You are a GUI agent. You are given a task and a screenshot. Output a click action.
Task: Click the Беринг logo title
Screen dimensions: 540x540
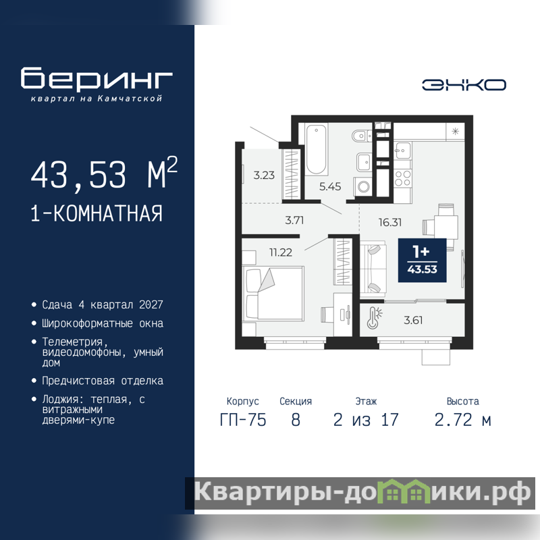pyautogui.click(x=97, y=78)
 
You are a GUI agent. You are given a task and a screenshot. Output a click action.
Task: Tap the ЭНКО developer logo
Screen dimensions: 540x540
pyautogui.click(x=464, y=85)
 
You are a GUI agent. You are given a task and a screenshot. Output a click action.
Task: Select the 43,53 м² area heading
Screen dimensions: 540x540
pyautogui.click(x=104, y=173)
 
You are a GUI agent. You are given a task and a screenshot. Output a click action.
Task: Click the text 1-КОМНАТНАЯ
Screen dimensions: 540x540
pyautogui.click(x=97, y=213)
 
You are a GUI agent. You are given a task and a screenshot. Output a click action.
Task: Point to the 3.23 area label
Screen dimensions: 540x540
pyautogui.click(x=264, y=175)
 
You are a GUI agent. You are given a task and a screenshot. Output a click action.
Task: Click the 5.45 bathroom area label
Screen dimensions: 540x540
pyautogui.click(x=330, y=187)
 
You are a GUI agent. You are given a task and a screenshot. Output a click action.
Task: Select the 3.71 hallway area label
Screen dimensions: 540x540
pyautogui.click(x=294, y=221)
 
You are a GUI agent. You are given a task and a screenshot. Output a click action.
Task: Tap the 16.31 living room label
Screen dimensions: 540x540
pyautogui.click(x=390, y=223)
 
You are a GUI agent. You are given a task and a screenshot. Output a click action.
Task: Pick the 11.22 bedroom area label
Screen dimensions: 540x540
pyautogui.click(x=281, y=252)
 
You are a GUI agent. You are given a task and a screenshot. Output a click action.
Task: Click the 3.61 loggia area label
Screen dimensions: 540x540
pyautogui.click(x=413, y=320)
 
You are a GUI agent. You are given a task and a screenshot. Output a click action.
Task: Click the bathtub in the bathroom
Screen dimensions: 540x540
pyautogui.click(x=316, y=149)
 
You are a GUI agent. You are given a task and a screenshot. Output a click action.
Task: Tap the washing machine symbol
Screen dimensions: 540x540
pyautogui.click(x=363, y=187)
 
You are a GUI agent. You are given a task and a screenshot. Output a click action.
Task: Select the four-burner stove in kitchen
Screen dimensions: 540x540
pyautogui.click(x=402, y=178)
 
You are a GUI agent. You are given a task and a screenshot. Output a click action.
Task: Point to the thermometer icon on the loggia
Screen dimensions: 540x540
pyautogui.click(x=374, y=318)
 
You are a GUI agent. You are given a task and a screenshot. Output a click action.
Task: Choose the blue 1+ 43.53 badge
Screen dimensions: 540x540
pyautogui.click(x=423, y=261)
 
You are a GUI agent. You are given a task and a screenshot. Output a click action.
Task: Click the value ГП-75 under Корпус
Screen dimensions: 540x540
pyautogui.click(x=243, y=420)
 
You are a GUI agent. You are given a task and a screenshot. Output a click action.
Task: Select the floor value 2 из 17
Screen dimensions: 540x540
pyautogui.click(x=366, y=420)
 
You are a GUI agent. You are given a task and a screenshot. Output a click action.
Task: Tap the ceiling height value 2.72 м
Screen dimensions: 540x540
pyautogui.click(x=462, y=420)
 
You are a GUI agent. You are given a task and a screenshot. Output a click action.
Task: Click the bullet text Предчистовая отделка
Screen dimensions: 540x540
pyautogui.click(x=103, y=381)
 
